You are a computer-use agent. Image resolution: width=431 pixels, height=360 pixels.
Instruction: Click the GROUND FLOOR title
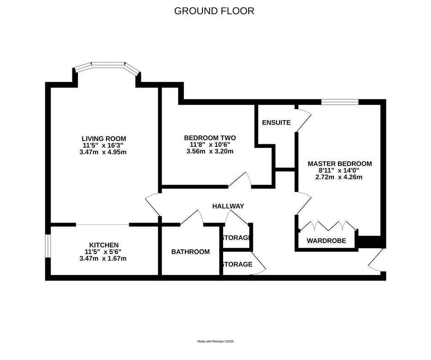[x=214, y=11]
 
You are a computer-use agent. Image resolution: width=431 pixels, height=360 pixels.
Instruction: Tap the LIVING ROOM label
[x=104, y=139]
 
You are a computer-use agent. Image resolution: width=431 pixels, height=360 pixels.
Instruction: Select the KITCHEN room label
[x=104, y=245]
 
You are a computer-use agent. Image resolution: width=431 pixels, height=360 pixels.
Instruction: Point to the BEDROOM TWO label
[x=210, y=138]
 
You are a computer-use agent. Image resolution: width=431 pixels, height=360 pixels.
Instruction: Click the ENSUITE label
[x=276, y=122]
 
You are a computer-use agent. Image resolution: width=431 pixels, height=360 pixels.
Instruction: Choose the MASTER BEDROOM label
[x=340, y=164]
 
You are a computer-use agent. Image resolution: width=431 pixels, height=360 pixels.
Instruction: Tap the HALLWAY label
[x=228, y=206]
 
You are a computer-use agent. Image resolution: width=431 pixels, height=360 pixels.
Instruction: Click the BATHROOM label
[x=191, y=252]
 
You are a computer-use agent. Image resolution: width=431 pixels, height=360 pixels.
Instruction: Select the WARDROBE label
[x=326, y=241]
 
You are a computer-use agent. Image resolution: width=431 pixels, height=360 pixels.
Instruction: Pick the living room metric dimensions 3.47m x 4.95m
[x=103, y=152]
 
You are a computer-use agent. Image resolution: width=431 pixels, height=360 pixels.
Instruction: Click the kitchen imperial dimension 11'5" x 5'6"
[x=103, y=251]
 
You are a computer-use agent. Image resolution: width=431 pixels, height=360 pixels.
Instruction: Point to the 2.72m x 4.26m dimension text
[x=339, y=177]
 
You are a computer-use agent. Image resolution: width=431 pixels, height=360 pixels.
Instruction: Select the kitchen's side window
[x=48, y=246]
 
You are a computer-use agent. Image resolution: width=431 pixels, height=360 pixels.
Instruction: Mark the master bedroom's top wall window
[x=340, y=102]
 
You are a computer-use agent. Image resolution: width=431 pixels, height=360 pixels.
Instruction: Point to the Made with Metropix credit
[x=215, y=341]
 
